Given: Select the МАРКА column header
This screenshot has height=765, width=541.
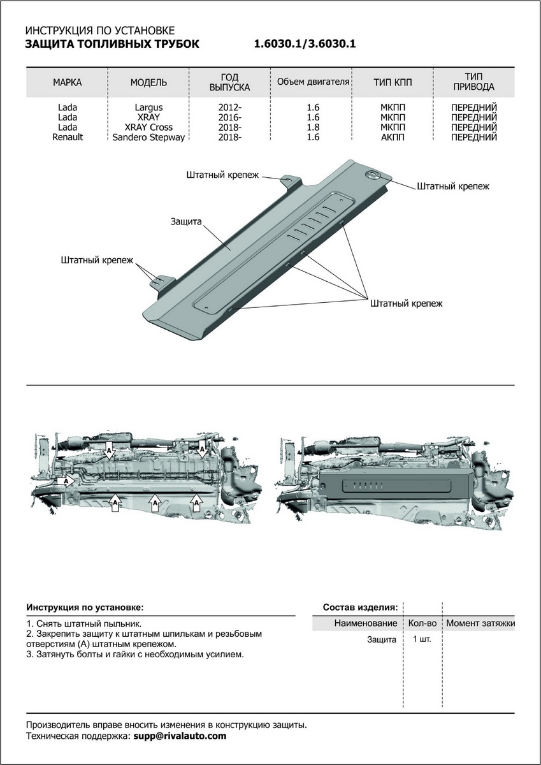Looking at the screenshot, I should pos(67,82).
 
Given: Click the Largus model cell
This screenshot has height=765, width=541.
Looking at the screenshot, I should pos(148,108).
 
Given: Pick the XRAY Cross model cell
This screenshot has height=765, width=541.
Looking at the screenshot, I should pos(148,127).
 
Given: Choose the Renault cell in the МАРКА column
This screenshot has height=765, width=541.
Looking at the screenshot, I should pos(67,136).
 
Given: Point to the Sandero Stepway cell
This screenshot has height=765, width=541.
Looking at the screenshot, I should pos(148,136).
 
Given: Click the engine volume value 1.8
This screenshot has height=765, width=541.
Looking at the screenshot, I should pos(312,127).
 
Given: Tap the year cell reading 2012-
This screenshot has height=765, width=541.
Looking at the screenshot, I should pos(229,108).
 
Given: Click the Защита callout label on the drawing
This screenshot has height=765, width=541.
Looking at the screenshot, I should pos(186,222).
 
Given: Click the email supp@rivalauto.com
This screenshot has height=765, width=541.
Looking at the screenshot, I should pos(179,736).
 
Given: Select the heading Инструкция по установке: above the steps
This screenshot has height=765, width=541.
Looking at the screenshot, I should pos(85,607).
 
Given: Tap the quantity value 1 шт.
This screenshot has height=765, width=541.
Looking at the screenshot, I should pos(422,639).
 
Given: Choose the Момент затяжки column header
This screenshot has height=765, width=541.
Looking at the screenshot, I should pos(480,623).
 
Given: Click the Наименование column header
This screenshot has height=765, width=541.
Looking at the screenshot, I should pos(365,623).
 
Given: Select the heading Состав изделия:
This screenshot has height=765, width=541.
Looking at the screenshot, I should pos(361,607).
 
